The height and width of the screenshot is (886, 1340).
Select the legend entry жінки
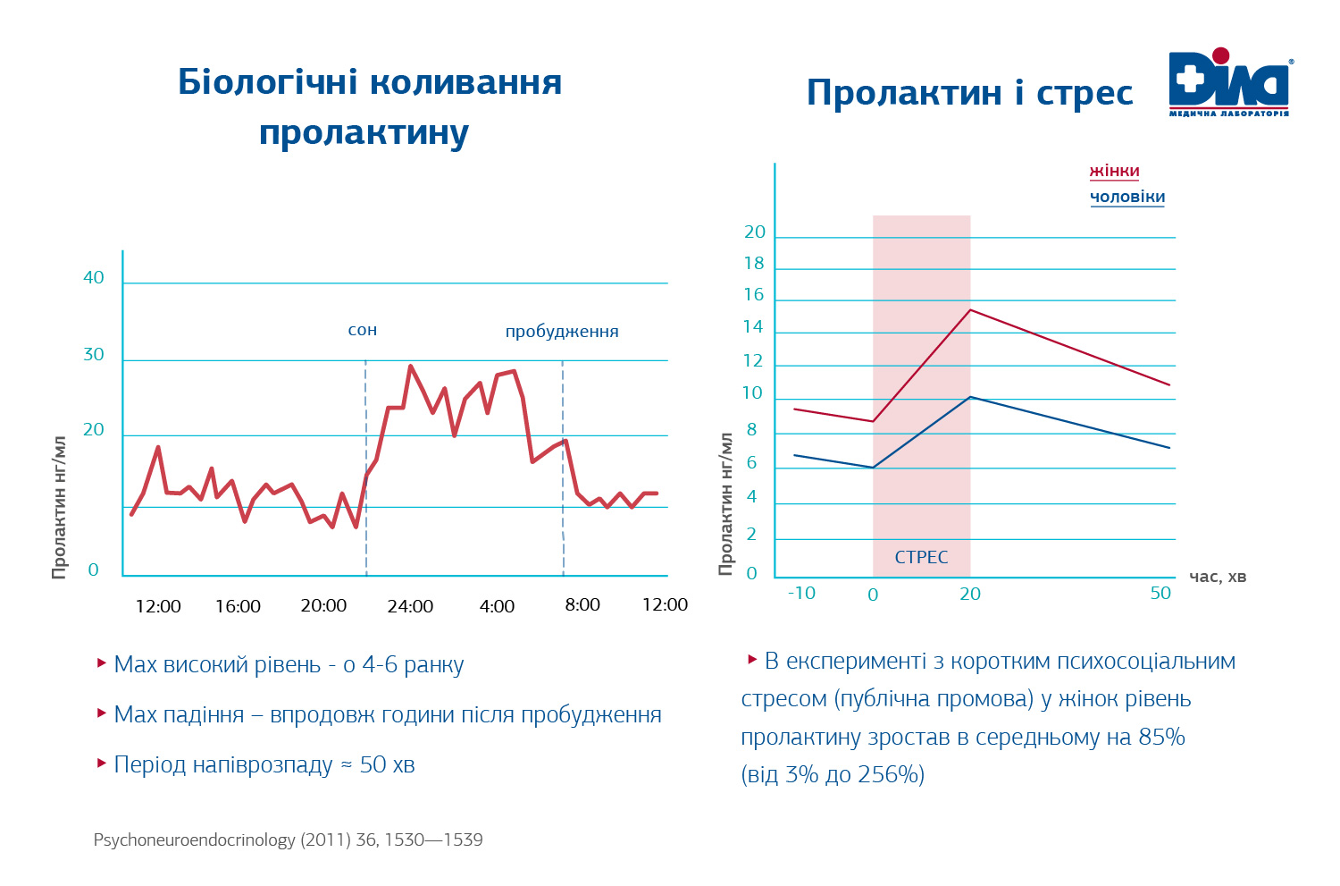tap(1114, 171)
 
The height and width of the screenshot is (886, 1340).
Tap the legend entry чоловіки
tap(1126, 197)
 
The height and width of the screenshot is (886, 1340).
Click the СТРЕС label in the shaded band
tap(921, 557)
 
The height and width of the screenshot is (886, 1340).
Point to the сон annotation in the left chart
tap(363, 330)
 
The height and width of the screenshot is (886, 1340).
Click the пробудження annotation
tap(562, 332)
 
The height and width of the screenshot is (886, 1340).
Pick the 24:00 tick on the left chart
tap(410, 606)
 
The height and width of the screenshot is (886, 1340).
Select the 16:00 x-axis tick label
tap(238, 606)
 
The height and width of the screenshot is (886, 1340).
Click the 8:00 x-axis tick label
tap(582, 605)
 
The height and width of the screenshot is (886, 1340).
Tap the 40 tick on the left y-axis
tap(94, 277)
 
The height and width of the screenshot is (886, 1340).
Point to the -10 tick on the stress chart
tap(801, 593)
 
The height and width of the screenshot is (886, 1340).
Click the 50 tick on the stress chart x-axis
tap(1160, 593)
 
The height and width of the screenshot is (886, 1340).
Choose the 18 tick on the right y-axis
tap(754, 264)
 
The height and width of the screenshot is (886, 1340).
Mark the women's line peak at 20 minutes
tap(970, 310)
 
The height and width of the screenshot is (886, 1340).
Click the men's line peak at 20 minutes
tap(970, 397)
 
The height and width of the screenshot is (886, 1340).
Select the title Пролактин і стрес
tap(969, 93)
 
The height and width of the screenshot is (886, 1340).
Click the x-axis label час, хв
tap(1218, 577)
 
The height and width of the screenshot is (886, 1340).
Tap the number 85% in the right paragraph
tap(1161, 738)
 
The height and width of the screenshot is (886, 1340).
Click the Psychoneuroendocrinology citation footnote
tap(288, 840)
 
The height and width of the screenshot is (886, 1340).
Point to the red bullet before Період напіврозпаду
tap(102, 763)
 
